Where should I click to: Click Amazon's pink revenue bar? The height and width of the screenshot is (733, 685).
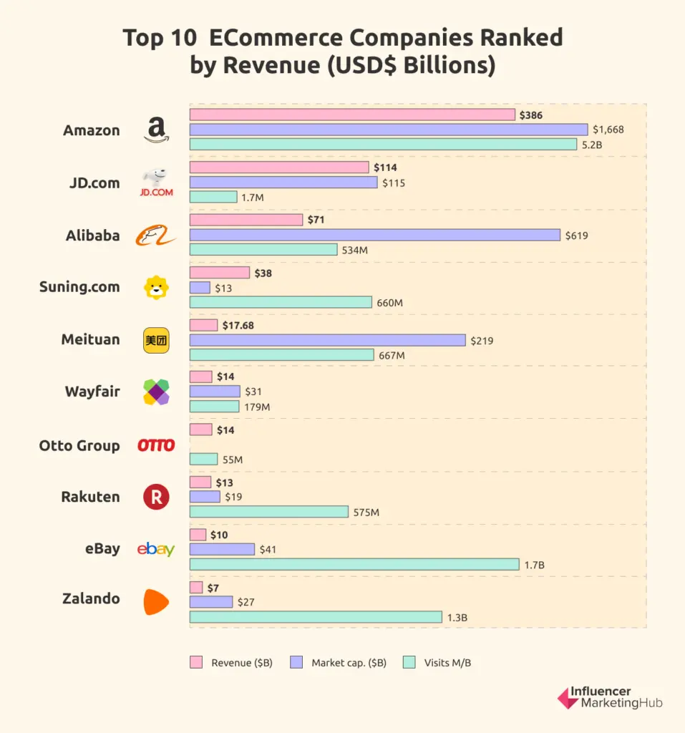[352, 115]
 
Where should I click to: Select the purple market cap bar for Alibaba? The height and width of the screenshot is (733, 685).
[374, 235]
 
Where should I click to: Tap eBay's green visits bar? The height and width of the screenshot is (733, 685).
[354, 565]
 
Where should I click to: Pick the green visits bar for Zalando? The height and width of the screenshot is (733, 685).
[315, 617]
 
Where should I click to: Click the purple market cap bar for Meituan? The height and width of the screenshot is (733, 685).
[327, 340]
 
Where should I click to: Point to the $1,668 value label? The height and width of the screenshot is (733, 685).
[608, 130]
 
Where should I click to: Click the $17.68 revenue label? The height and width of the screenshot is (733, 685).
[238, 325]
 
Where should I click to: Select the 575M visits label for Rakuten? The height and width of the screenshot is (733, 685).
[366, 513]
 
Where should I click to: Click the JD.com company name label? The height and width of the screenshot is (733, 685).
[94, 183]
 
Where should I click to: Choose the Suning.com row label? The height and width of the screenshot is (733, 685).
[79, 287]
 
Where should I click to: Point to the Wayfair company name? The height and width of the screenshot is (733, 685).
[92, 392]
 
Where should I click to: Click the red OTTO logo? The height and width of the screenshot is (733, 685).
[156, 445]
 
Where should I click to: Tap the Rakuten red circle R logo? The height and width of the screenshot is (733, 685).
[156, 497]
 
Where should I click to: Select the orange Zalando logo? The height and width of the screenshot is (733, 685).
[156, 601]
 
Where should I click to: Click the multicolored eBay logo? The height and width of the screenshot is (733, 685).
[156, 549]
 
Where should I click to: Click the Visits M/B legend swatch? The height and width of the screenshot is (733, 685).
[409, 663]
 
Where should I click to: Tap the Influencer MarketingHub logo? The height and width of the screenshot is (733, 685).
[609, 697]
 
